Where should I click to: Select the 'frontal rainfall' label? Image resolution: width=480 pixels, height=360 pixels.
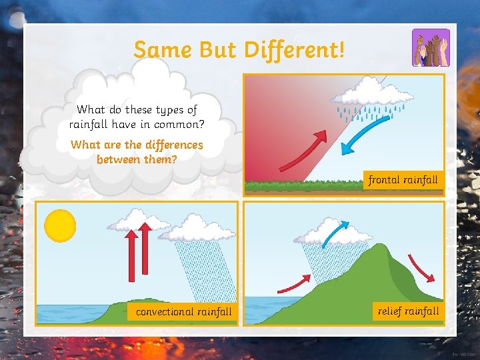click(x=403, y=179)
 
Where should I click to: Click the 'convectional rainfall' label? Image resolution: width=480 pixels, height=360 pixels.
click(x=183, y=311)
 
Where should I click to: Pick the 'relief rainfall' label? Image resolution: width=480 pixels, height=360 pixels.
click(x=408, y=311)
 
